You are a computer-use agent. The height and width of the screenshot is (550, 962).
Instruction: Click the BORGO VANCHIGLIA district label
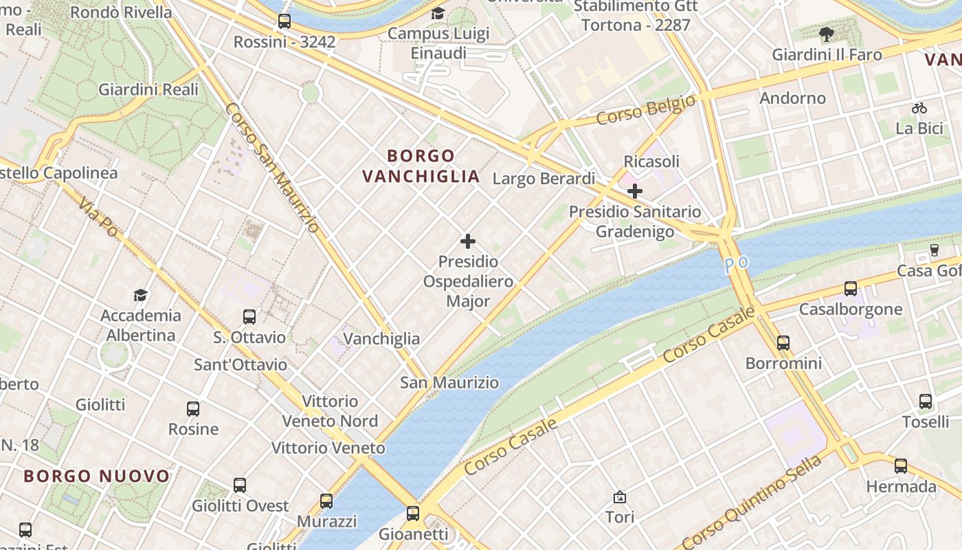(x=421, y=166)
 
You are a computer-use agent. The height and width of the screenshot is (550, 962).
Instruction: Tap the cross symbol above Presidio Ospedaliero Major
(x=468, y=241)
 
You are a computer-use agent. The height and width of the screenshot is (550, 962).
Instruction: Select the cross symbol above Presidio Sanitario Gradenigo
(x=635, y=190)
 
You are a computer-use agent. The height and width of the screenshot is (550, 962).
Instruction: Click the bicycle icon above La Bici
(x=919, y=108)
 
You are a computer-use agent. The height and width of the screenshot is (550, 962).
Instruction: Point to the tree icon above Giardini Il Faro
(x=827, y=34)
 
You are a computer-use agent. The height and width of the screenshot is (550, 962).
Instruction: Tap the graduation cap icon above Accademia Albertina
(x=141, y=295)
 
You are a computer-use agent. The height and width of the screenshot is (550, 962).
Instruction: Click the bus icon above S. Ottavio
(x=249, y=317)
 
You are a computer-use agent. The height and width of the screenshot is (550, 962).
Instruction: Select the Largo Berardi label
(x=544, y=179)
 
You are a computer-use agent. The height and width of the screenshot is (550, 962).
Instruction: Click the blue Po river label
(x=735, y=263)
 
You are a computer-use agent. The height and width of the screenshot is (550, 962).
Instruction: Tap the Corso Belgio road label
(x=645, y=111)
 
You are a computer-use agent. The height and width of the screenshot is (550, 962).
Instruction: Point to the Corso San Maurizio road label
(x=272, y=168)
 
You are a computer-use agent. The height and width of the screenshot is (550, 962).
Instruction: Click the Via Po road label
(x=98, y=217)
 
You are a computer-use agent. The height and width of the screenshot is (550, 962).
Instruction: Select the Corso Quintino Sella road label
(x=752, y=501)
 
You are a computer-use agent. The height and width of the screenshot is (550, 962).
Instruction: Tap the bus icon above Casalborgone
(x=851, y=289)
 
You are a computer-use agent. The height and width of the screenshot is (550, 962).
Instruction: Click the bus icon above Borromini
(x=783, y=342)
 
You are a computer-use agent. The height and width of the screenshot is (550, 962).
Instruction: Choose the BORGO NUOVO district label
(x=96, y=476)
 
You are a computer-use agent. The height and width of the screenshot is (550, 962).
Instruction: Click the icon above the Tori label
(x=620, y=496)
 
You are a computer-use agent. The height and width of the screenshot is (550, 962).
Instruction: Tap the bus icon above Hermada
(x=901, y=466)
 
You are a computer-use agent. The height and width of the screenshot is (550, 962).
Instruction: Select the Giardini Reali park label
(x=148, y=89)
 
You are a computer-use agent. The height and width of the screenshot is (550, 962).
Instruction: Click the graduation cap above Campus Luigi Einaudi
(x=438, y=13)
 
